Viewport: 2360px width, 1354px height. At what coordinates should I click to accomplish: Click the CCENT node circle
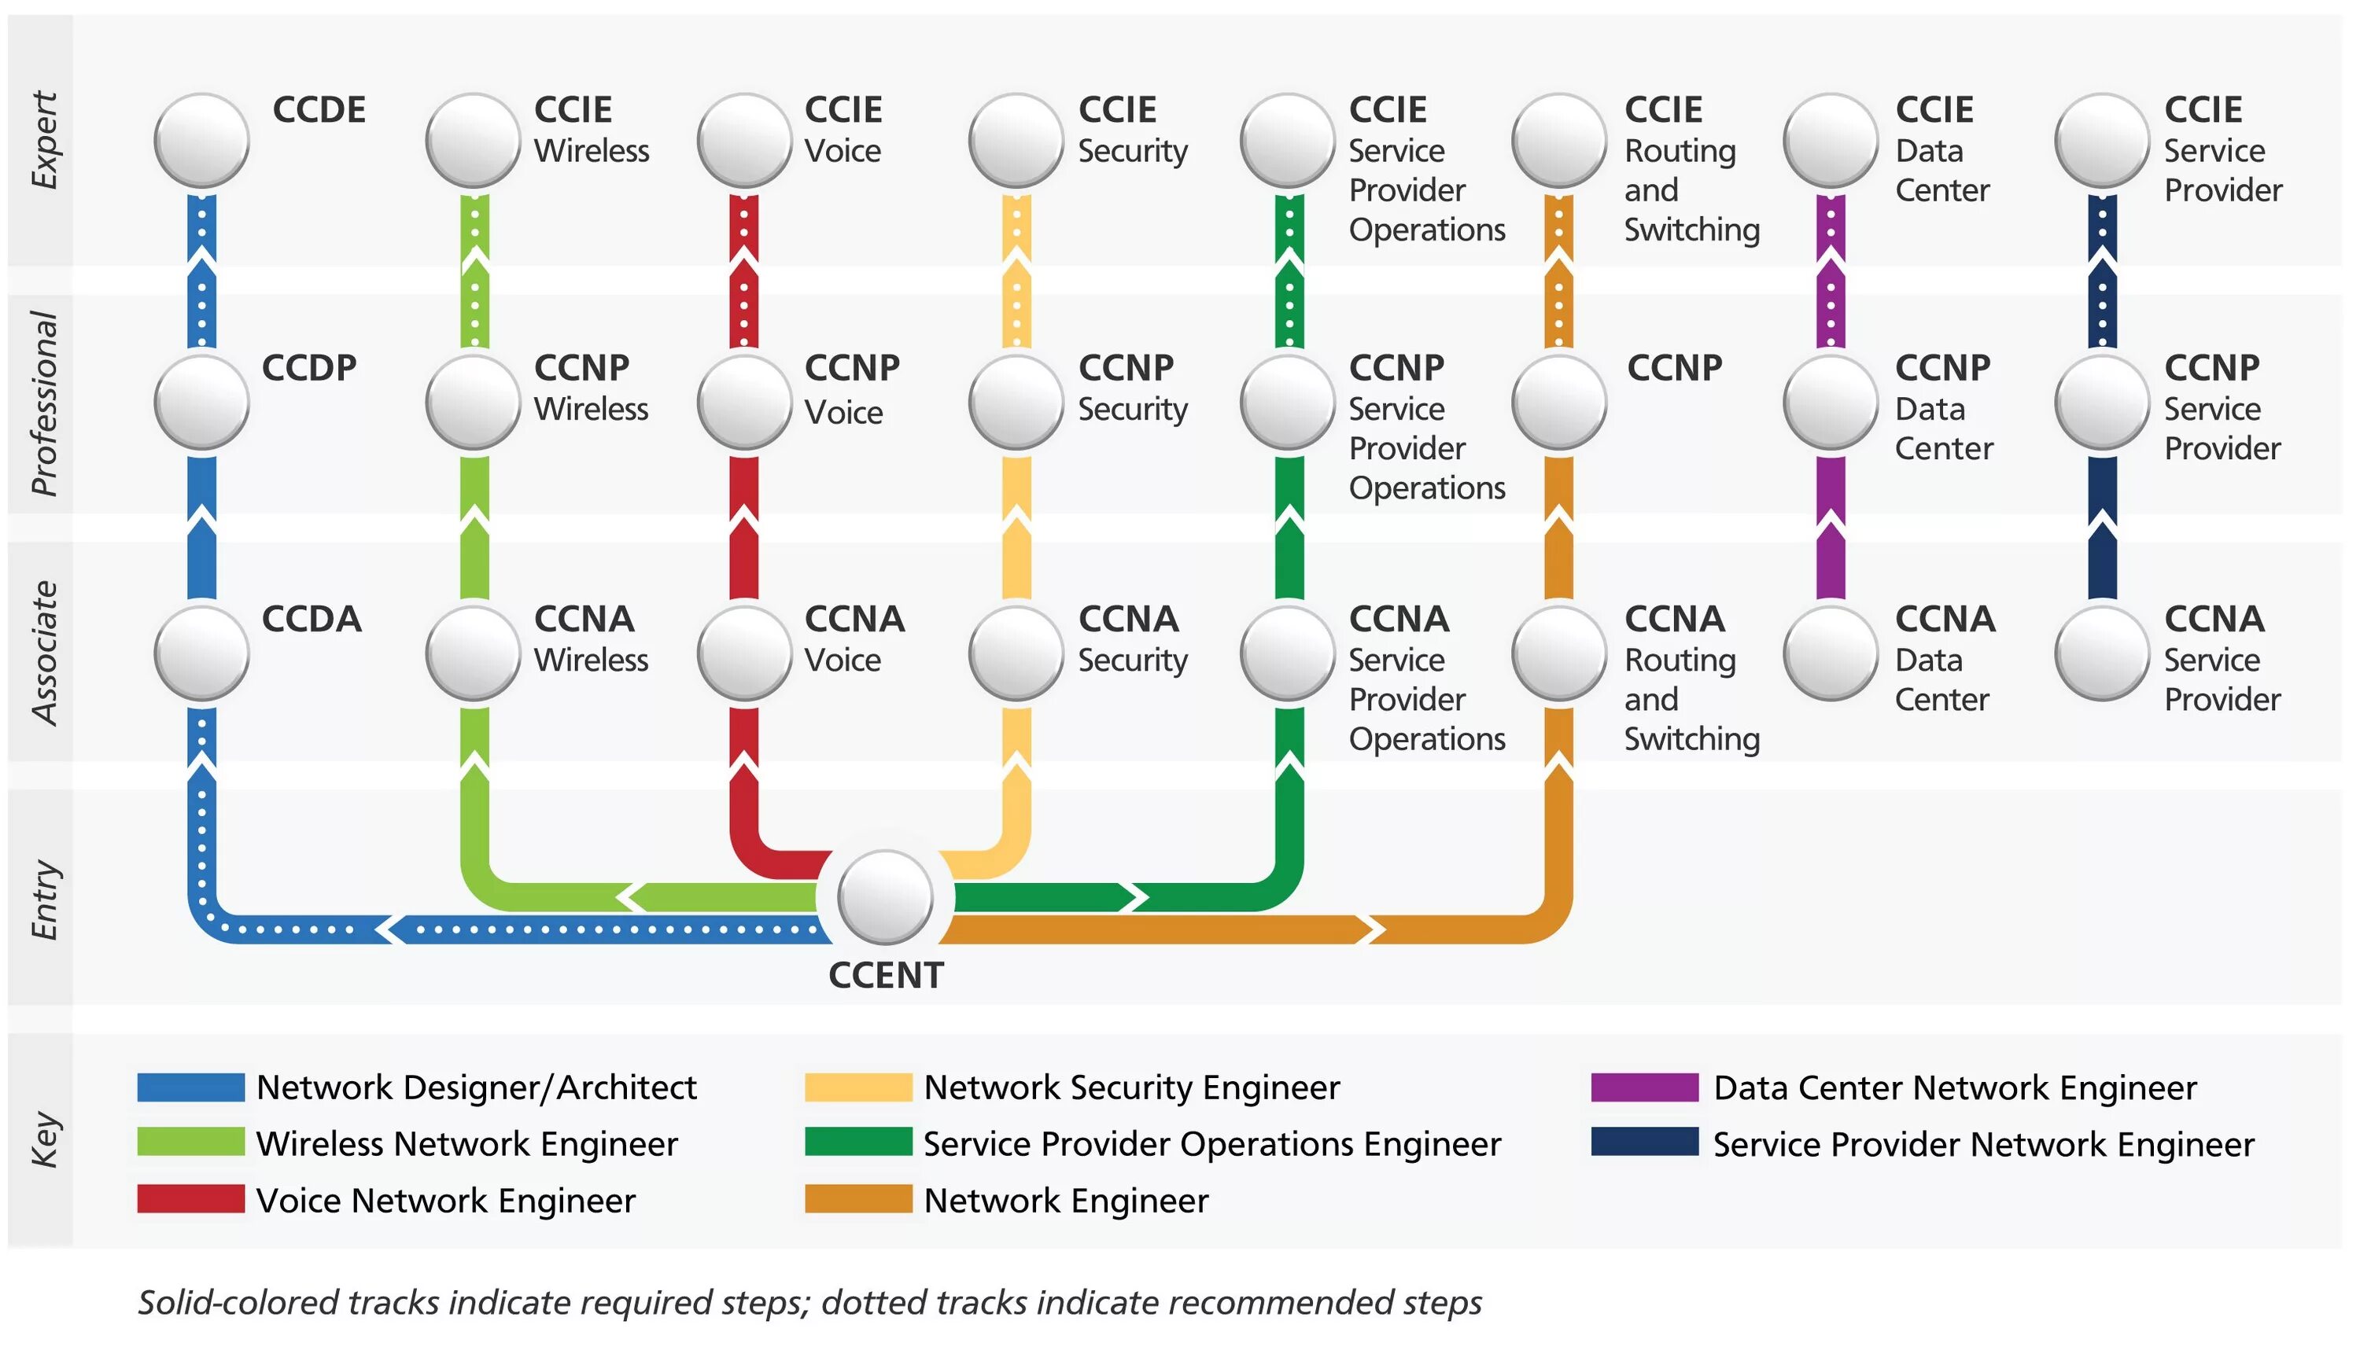click(x=885, y=897)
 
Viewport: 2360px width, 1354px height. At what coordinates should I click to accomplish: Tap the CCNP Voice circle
click(x=744, y=403)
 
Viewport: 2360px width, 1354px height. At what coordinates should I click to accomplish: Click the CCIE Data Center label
click(x=1941, y=149)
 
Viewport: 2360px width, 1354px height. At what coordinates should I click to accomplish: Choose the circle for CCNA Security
click(x=1016, y=653)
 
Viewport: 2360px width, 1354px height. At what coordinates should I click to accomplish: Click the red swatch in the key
click(x=190, y=1198)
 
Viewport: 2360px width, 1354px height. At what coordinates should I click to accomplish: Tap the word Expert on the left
click(x=44, y=139)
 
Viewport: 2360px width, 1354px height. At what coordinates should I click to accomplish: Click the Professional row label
click(x=44, y=403)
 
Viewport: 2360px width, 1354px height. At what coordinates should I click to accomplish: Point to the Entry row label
click(x=44, y=900)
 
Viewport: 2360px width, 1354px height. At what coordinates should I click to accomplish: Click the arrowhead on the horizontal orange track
click(x=1370, y=929)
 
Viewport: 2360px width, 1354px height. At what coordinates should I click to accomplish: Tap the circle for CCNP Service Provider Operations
click(x=1289, y=403)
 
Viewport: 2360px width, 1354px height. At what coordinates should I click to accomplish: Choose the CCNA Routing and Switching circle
click(x=1559, y=653)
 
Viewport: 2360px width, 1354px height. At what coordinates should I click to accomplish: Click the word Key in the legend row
click(x=44, y=1139)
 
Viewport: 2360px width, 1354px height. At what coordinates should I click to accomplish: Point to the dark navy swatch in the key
click(x=1643, y=1142)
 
